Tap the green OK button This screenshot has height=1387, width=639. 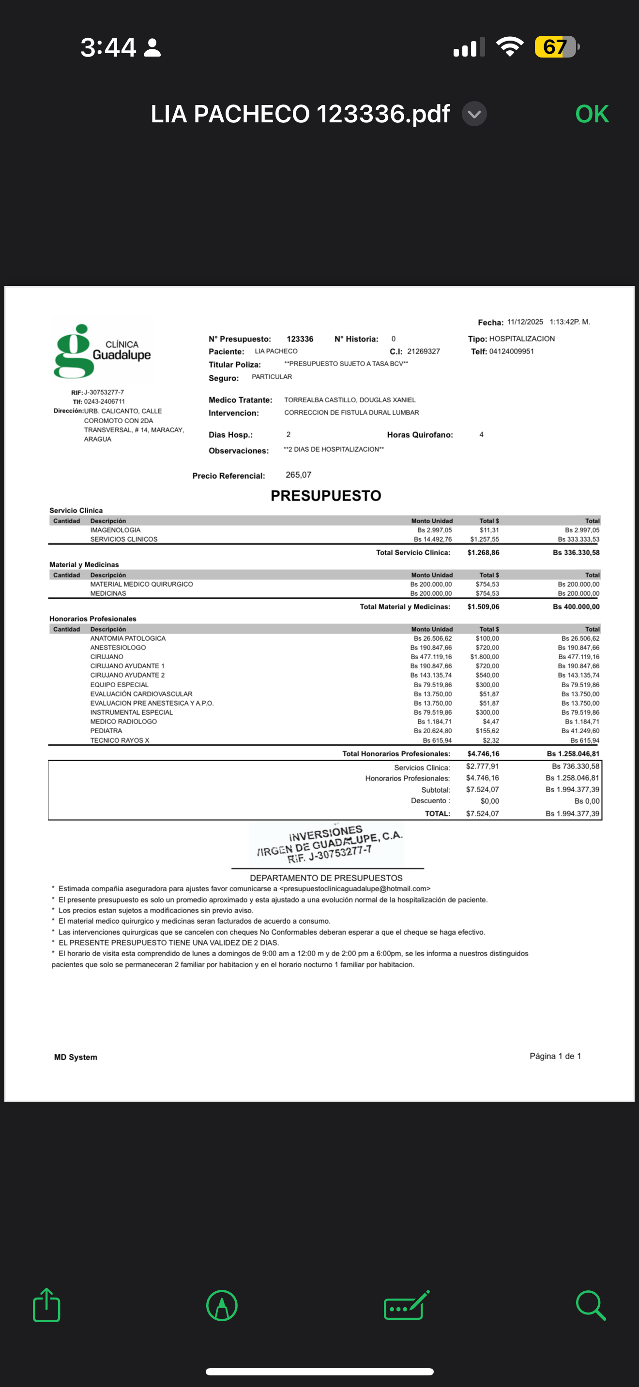pos(592,114)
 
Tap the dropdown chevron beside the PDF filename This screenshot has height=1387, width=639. pos(474,114)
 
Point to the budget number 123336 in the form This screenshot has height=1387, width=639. pos(300,339)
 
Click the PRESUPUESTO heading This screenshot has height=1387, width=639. pos(325,496)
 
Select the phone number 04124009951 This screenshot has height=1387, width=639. pos(511,352)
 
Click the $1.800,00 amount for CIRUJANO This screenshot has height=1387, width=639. pos(485,657)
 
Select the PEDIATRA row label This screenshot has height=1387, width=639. pos(106,731)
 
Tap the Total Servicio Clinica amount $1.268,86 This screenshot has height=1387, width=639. pos(483,552)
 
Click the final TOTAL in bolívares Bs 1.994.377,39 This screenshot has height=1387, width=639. pos(572,813)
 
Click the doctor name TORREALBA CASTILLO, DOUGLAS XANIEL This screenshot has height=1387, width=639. pos(350,400)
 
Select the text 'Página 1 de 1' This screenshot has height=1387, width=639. pos(555,1056)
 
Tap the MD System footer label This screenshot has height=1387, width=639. pos(76,1057)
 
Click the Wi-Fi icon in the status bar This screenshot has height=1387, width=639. pos(510,47)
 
